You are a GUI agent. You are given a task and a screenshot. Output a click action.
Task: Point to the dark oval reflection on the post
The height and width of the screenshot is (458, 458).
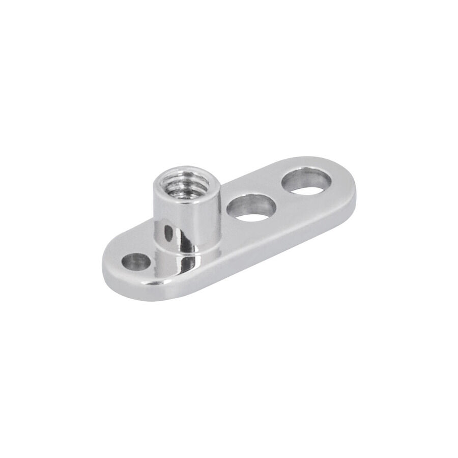coord(168,235)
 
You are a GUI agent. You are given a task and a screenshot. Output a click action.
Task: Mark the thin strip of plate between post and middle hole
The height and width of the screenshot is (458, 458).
coord(227,224)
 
